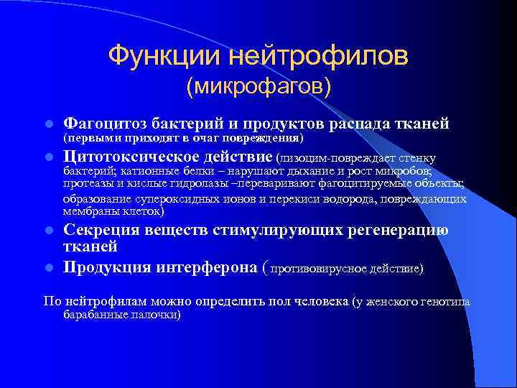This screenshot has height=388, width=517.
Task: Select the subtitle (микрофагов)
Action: point(258,87)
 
